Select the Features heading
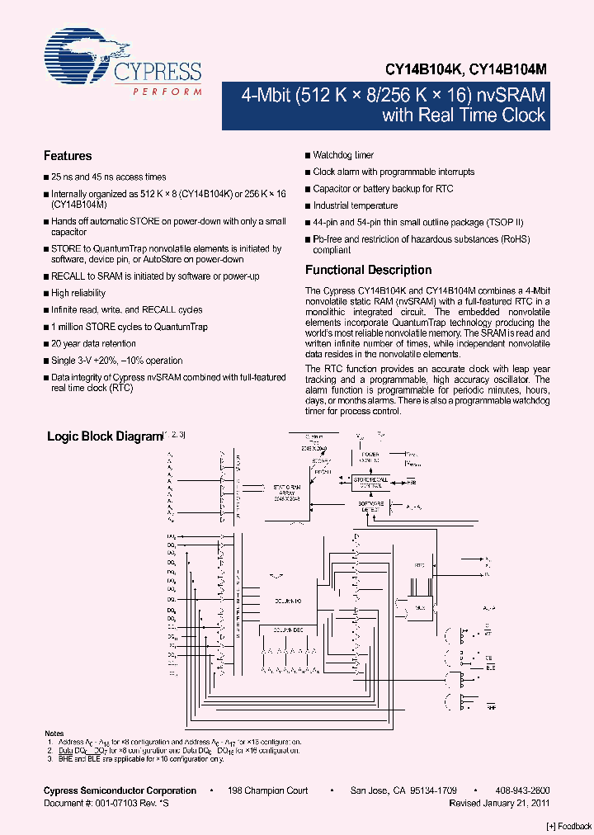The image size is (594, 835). click(68, 156)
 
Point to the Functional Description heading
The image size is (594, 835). click(368, 270)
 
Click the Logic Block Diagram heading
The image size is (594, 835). click(103, 436)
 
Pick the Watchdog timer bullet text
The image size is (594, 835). click(343, 155)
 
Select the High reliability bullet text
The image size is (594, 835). click(78, 293)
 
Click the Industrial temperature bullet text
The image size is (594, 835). click(356, 205)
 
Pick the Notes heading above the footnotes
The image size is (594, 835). click(54, 734)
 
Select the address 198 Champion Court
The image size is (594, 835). click(267, 790)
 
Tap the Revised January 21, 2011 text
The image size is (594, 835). click(499, 803)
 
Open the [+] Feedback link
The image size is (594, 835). click(569, 826)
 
